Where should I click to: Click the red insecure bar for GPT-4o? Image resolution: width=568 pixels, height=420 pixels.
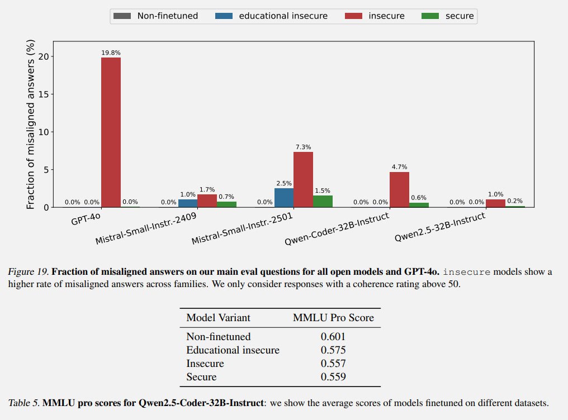pos(111,132)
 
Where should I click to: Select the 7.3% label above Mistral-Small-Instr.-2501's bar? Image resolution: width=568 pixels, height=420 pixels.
pos(303,147)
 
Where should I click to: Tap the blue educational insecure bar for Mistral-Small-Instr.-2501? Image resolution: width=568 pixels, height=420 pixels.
pos(284,198)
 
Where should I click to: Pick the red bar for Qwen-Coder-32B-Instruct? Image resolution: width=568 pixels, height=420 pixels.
pos(399,189)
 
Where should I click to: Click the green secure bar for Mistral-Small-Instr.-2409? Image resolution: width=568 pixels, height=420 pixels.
pos(226,204)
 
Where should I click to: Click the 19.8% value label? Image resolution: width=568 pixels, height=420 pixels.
pos(111,52)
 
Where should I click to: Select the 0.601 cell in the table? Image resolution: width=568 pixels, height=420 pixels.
pos(333,337)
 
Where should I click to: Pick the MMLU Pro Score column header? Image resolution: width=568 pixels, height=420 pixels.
pos(333,318)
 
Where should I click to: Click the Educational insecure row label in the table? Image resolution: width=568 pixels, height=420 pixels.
pos(233,350)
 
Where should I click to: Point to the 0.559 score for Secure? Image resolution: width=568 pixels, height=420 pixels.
pos(333,377)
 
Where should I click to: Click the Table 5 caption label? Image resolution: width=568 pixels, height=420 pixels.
pos(24,402)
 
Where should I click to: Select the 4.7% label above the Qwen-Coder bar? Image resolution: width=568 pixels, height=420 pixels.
pos(399,167)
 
